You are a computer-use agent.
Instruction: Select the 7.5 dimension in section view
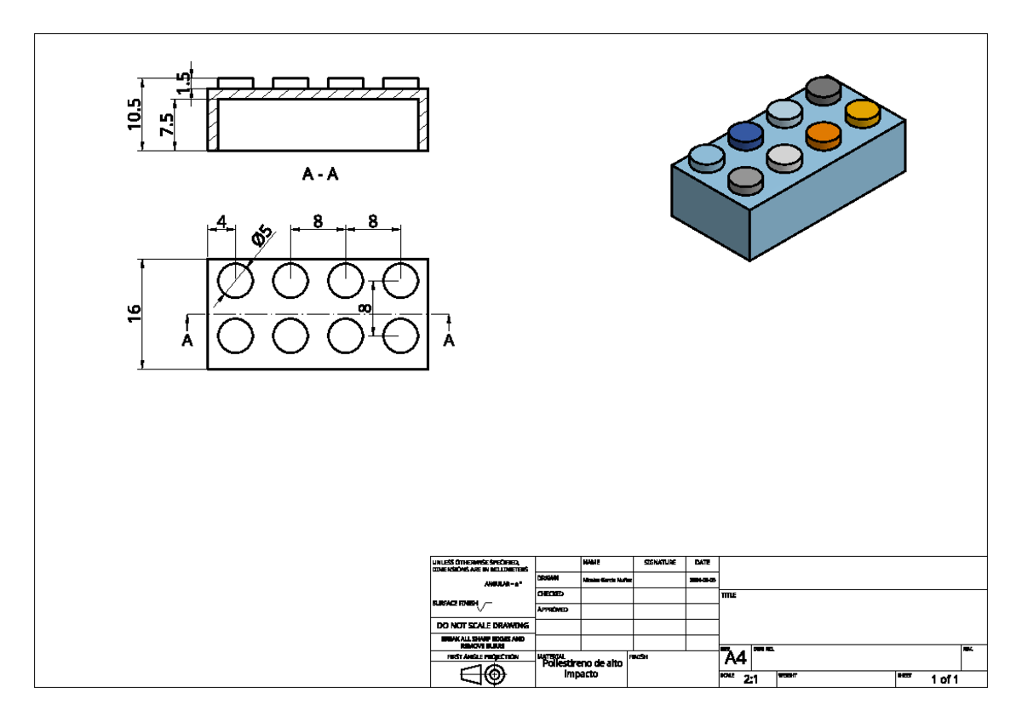[x=167, y=125]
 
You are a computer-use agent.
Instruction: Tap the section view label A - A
[x=320, y=175]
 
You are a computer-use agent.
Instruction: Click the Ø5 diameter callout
[x=262, y=235]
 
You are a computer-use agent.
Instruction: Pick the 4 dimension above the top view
[x=221, y=221]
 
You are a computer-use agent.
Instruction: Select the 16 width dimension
[x=134, y=313]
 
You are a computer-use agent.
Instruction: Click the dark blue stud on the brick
[x=745, y=133]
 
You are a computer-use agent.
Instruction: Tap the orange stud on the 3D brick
[x=823, y=133]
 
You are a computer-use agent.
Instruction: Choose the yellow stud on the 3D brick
[x=861, y=111]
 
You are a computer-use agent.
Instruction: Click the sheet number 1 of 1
[x=944, y=679]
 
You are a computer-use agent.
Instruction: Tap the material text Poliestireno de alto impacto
[x=581, y=668]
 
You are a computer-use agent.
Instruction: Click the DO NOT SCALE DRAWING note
[x=483, y=626]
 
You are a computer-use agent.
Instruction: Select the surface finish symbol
[x=485, y=606]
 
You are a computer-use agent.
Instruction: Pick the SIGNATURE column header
[x=659, y=563]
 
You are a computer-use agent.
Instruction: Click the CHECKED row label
[x=550, y=593]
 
